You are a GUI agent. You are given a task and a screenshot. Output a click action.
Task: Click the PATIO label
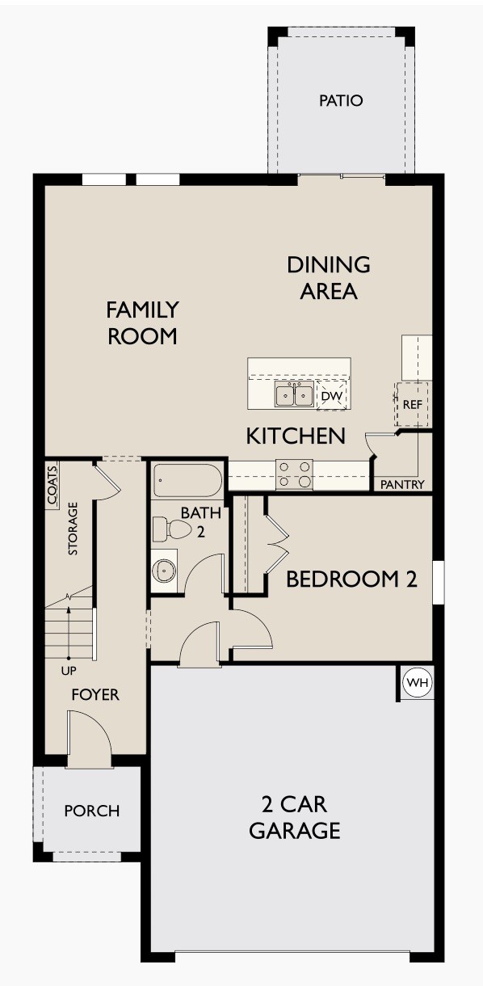click(341, 101)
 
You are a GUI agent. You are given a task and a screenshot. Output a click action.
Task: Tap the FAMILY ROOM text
click(142, 322)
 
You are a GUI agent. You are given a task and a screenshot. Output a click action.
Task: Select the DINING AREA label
click(329, 277)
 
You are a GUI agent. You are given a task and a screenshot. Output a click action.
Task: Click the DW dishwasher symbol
click(331, 396)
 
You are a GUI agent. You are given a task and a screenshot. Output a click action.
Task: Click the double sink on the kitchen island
click(294, 395)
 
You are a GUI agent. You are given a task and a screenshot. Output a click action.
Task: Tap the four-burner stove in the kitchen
click(294, 474)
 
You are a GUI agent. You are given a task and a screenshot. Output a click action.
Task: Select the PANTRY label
click(401, 485)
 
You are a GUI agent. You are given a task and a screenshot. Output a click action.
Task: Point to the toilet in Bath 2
click(173, 530)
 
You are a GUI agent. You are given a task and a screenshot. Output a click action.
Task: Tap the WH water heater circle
click(418, 683)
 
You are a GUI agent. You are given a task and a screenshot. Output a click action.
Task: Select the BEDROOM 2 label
click(351, 579)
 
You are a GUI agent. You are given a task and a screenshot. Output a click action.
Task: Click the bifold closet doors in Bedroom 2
click(277, 547)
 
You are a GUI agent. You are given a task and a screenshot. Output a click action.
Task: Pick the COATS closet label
click(52, 486)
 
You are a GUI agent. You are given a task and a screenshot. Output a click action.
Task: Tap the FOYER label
click(95, 694)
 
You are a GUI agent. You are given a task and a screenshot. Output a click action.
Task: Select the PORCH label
click(92, 811)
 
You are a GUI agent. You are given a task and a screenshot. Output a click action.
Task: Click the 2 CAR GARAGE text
click(294, 817)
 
